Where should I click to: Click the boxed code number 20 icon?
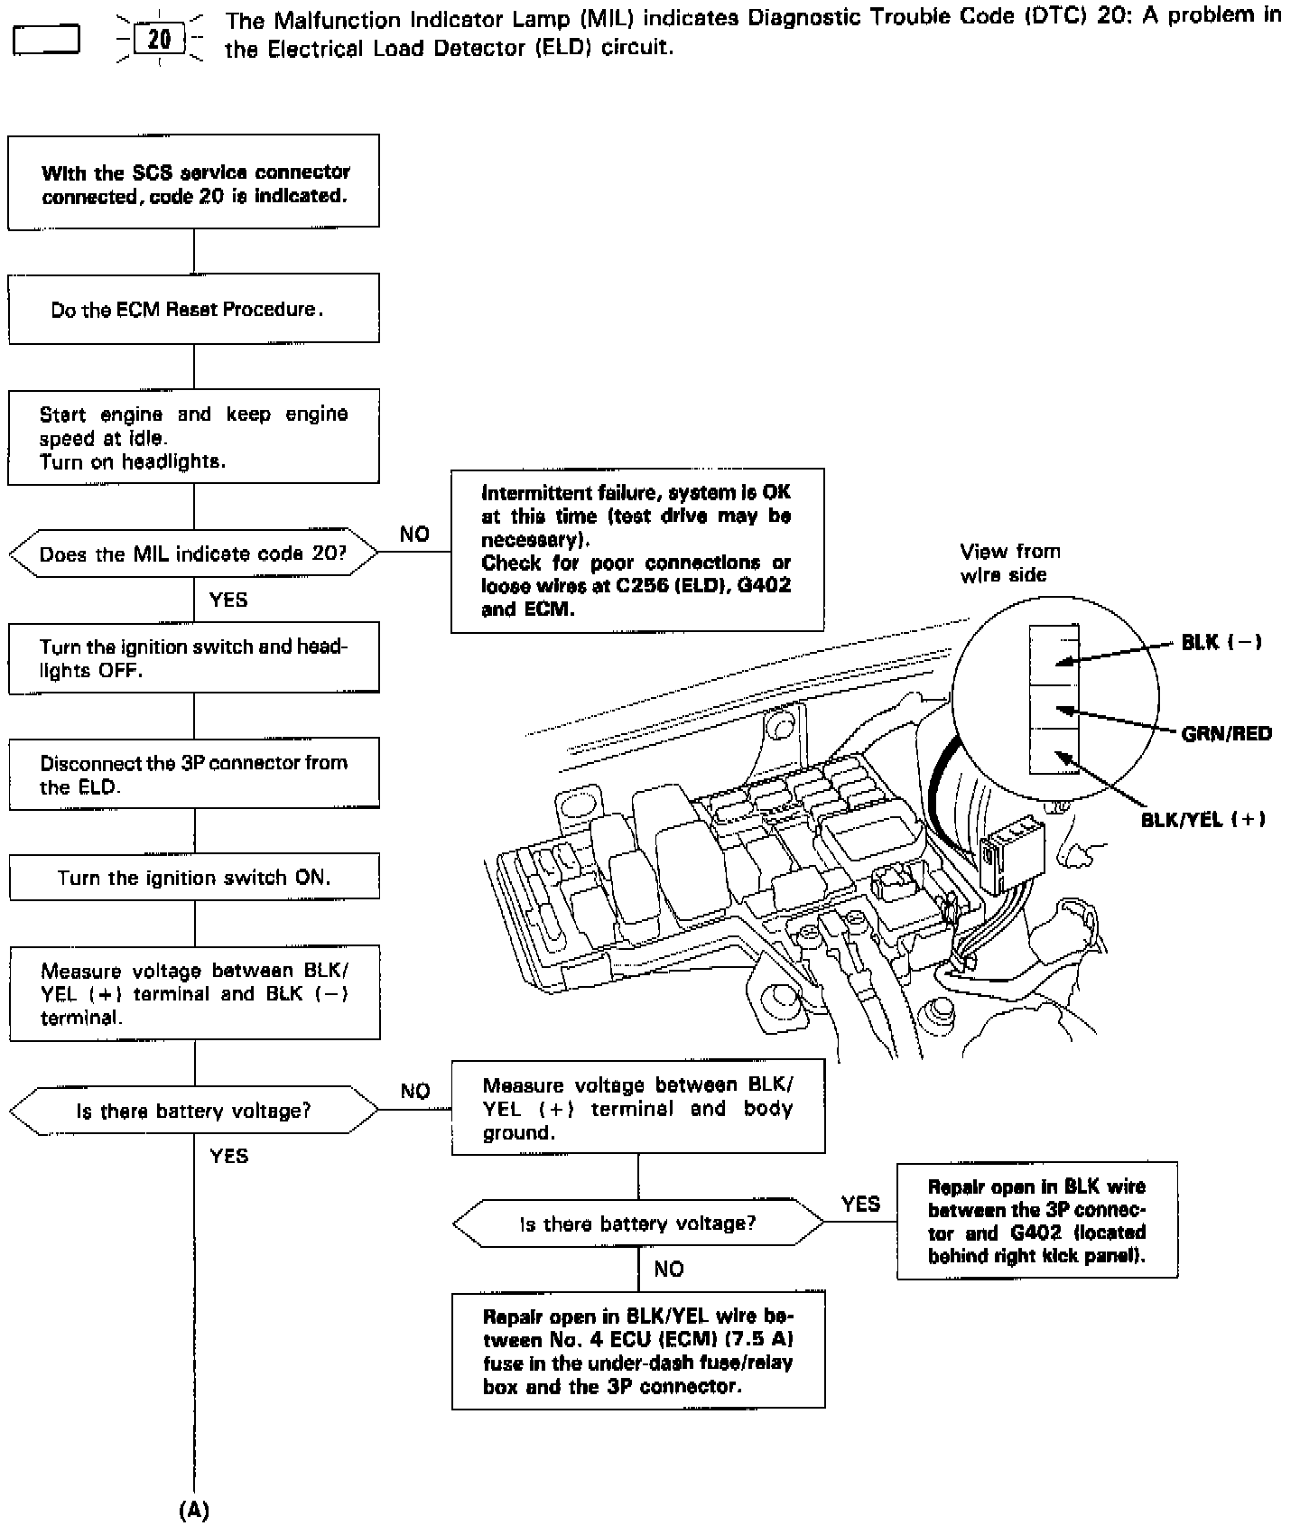[x=159, y=40]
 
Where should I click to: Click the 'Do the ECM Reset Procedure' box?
[x=193, y=309]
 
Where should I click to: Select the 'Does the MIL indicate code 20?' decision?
[x=193, y=553]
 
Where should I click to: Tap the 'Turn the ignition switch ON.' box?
[x=193, y=877]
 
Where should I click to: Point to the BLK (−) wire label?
[x=1221, y=642]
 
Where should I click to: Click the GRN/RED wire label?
[x=1226, y=733]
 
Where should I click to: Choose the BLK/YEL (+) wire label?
[x=1202, y=819]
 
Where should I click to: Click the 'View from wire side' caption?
[x=1009, y=563]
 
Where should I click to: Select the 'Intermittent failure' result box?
[x=636, y=550]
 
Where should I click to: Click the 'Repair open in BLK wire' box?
[x=1036, y=1221]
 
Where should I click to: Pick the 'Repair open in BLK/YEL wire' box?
[x=637, y=1351]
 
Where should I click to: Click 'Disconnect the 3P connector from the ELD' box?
[x=193, y=774]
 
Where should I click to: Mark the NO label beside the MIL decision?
[x=414, y=534]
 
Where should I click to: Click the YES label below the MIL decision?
[x=228, y=600]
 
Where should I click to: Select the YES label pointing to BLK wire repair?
[x=860, y=1204]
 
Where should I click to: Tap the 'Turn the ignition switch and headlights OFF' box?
[x=193, y=658]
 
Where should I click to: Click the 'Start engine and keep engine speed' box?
[x=193, y=437]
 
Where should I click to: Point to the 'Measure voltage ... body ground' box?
[x=637, y=1108]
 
